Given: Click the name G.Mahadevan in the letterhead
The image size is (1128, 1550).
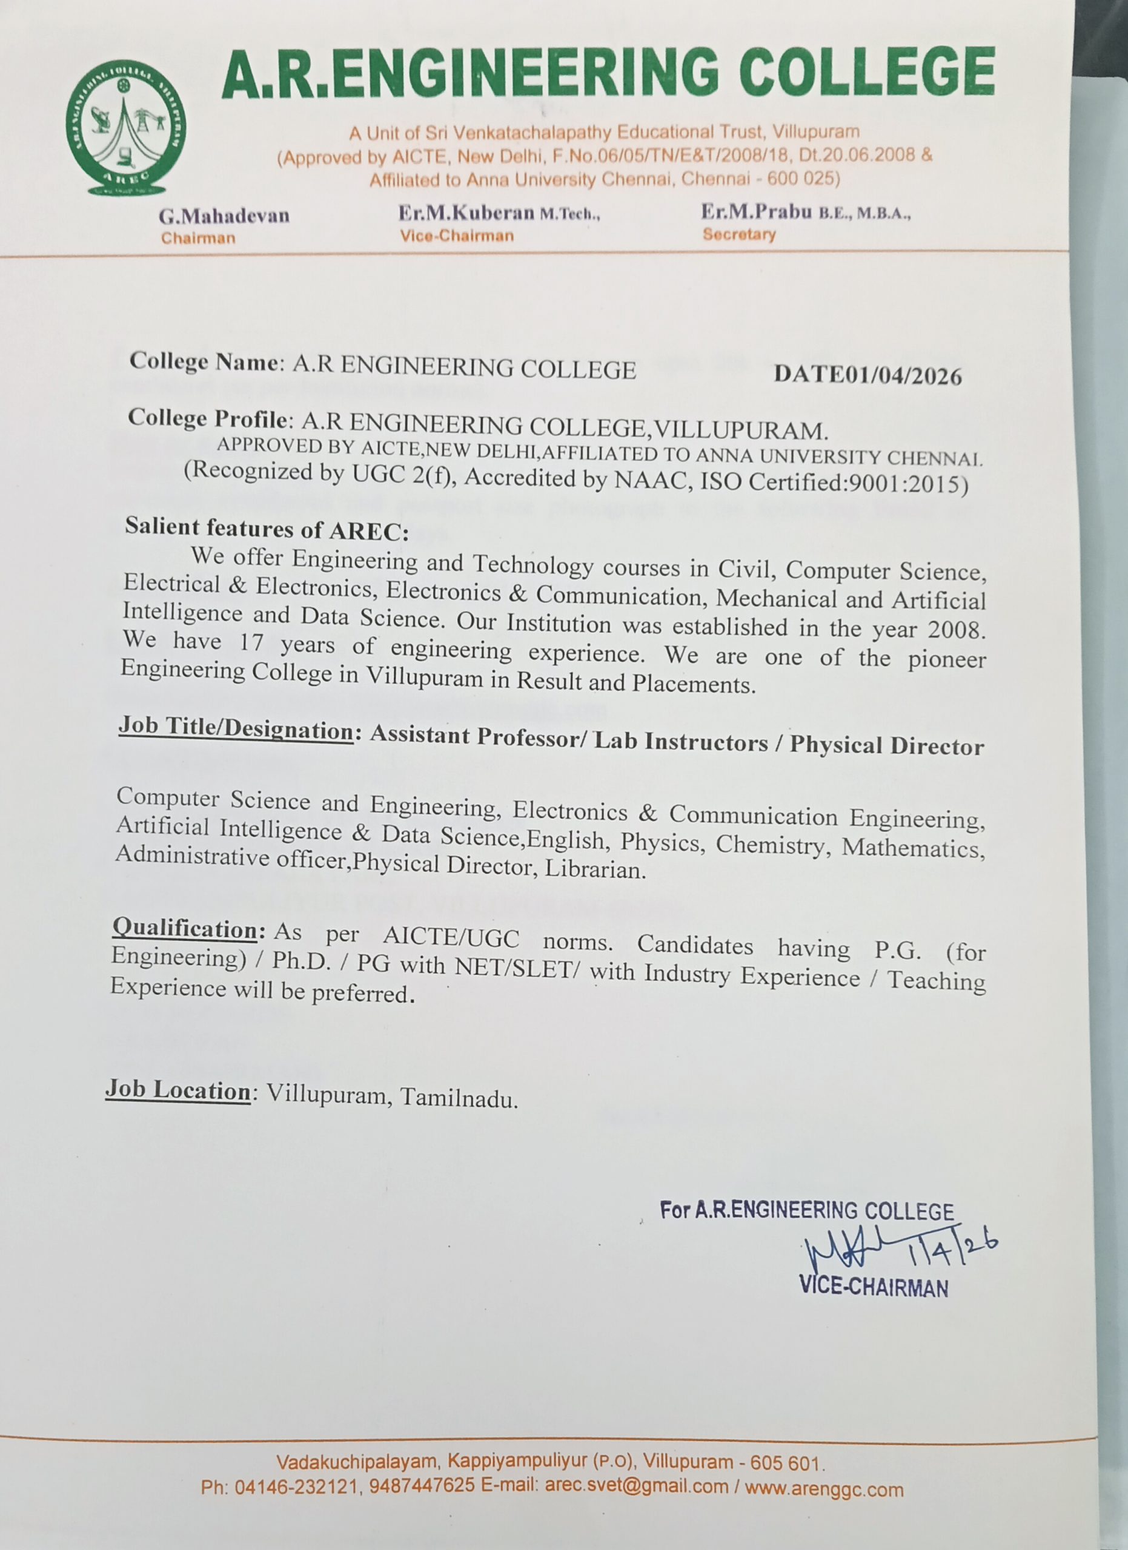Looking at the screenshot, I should (224, 216).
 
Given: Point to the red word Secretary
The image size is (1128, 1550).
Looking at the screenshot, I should (739, 234).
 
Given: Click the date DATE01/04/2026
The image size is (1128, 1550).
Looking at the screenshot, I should (868, 376).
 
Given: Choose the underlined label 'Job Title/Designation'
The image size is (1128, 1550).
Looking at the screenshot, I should (236, 728).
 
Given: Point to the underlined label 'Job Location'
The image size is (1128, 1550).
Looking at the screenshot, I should (177, 1090).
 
